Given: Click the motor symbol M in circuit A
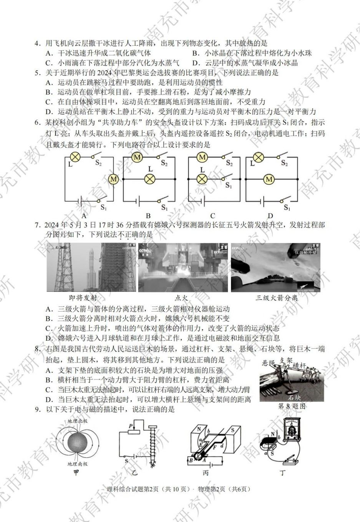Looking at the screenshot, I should coord(114,179).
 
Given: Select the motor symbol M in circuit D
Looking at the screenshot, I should coord(269,179).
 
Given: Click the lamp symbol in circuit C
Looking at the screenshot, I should coord(202,179).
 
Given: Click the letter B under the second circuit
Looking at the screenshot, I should coord(148,216).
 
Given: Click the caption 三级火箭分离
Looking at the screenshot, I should coord(277,298).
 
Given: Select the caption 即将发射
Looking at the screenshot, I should coord(83,298).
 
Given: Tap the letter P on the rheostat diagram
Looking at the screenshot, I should coord(131,426).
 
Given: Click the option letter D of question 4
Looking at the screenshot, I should coord(195,63).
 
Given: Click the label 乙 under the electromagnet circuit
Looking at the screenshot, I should coord(135,473).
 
